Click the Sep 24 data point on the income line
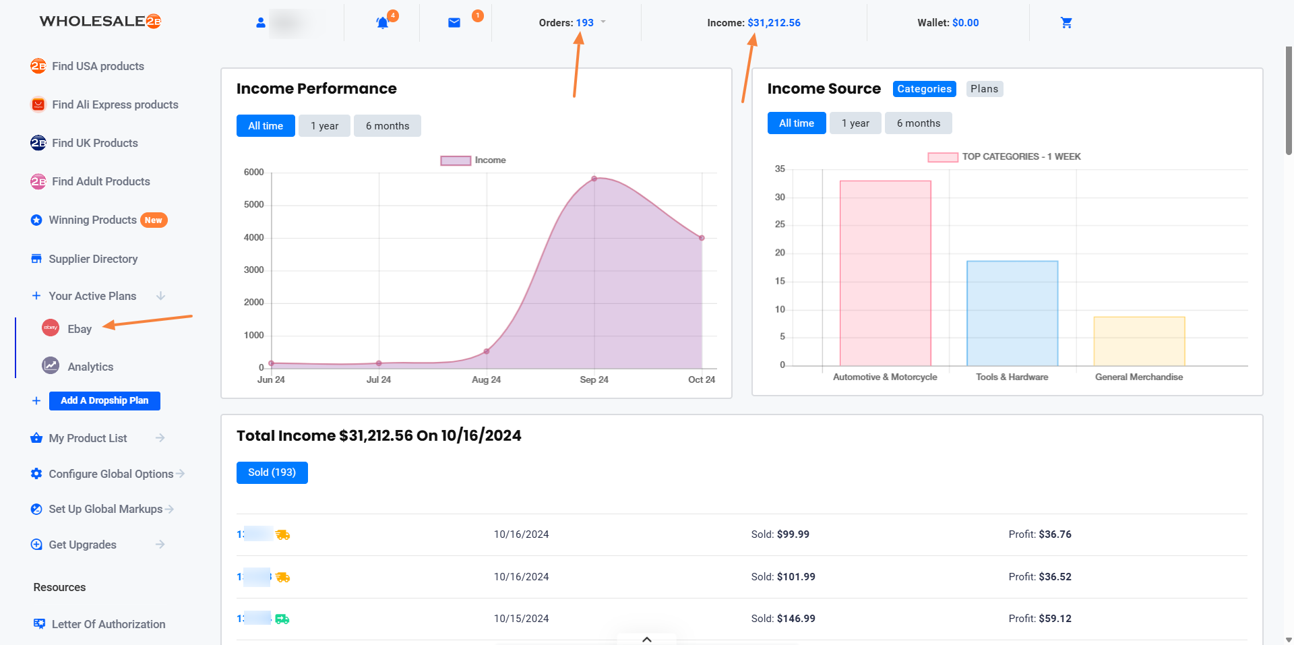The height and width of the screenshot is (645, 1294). [x=594, y=179]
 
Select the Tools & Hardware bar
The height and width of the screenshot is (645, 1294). [x=1012, y=313]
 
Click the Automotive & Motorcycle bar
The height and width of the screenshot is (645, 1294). [x=885, y=273]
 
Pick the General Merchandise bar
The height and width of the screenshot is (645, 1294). [x=1138, y=341]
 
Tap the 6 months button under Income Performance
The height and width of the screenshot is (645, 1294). [x=387, y=126]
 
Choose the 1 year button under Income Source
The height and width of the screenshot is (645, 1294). [x=855, y=123]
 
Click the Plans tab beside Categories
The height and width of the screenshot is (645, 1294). [x=984, y=89]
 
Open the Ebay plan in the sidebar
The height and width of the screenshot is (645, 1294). [x=79, y=329]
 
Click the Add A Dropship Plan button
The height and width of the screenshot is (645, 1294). [x=104, y=400]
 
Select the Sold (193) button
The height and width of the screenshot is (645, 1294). [x=272, y=472]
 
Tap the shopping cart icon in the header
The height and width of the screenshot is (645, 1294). [x=1066, y=23]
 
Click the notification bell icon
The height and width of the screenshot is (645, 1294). [x=382, y=23]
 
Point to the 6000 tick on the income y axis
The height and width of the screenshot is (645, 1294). [x=254, y=173]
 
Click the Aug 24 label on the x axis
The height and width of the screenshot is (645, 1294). [x=486, y=379]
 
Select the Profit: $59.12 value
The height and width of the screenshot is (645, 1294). [x=1040, y=619]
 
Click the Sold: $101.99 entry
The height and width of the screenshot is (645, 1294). [x=783, y=577]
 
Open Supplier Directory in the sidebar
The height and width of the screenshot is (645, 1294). [x=93, y=259]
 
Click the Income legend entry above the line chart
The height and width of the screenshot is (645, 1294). [x=473, y=160]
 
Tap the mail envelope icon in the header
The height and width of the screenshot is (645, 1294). [x=454, y=23]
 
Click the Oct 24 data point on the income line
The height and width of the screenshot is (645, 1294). [x=702, y=238]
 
